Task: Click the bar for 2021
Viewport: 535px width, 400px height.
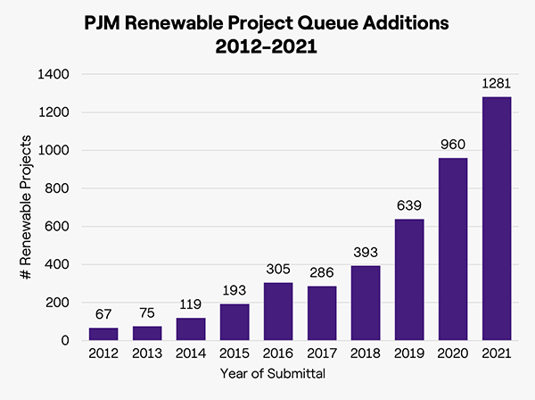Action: click(496, 219)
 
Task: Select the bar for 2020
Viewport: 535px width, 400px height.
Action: click(452, 249)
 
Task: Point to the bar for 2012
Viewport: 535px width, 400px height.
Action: click(103, 334)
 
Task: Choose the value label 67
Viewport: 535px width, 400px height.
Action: click(103, 315)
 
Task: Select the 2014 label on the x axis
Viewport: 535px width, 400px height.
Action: click(190, 354)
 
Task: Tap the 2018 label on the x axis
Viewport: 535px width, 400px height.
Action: click(365, 354)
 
